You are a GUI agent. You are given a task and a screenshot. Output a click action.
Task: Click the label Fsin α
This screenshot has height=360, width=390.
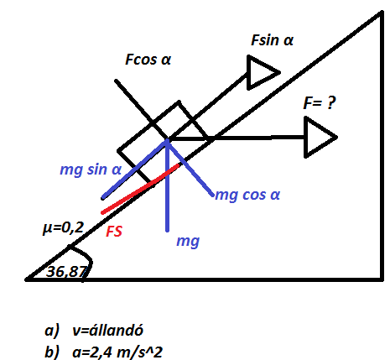[x=272, y=40]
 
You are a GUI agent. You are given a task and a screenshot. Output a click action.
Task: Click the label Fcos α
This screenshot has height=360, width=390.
[x=148, y=60]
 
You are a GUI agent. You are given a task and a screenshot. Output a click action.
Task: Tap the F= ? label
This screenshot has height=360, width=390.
[x=320, y=103]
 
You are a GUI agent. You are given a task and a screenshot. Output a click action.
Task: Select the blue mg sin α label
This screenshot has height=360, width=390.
[x=91, y=170]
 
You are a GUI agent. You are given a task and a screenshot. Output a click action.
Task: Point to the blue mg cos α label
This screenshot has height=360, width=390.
[x=247, y=195]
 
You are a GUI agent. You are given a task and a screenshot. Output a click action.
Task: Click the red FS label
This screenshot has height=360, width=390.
[x=114, y=232]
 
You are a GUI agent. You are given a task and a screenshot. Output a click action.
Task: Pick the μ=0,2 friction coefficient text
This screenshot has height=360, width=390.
[x=63, y=227]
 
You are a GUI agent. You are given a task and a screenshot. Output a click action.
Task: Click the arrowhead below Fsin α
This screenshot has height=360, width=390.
[x=263, y=73]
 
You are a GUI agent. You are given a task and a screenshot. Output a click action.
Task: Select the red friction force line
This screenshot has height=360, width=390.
[x=140, y=189]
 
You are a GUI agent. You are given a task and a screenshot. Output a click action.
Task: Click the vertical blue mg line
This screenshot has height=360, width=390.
[x=167, y=185]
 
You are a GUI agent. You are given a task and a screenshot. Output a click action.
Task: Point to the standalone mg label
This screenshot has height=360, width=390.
[x=188, y=241]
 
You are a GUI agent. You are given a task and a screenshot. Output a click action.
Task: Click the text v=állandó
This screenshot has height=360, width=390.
[x=107, y=331]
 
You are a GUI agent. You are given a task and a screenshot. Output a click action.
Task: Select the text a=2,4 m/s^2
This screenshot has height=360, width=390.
[x=117, y=352]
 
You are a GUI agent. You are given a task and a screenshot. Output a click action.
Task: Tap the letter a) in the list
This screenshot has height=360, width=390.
[x=52, y=331]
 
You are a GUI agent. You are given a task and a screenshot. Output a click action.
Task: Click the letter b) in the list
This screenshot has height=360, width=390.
[x=52, y=352]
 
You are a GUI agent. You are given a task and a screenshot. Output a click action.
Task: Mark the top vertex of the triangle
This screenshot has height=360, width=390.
[x=382, y=13]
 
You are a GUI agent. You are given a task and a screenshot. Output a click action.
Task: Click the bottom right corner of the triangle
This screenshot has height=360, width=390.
[x=382, y=279]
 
